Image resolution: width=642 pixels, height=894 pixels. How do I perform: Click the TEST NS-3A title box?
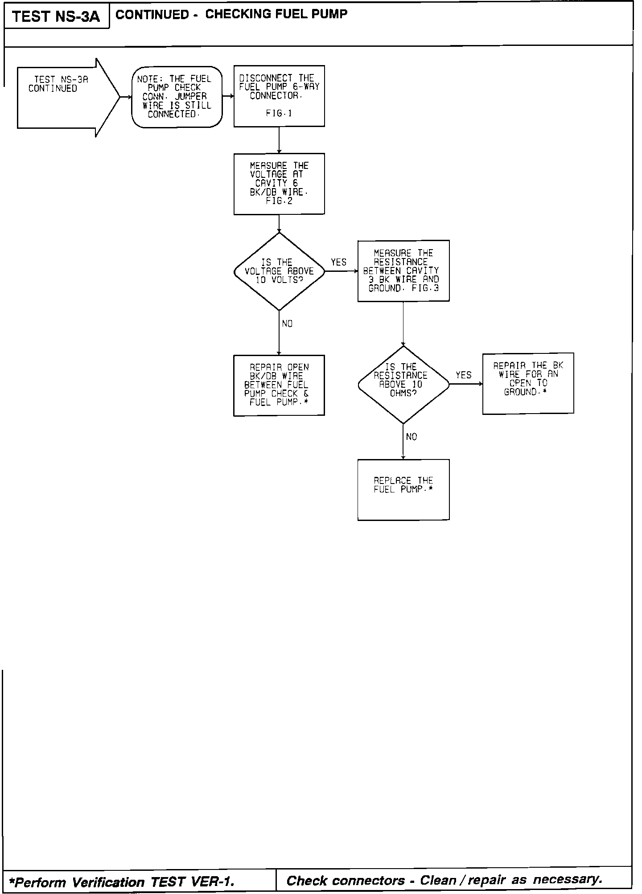click(x=56, y=16)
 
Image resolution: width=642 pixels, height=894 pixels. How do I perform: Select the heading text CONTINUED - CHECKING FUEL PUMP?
click(x=231, y=14)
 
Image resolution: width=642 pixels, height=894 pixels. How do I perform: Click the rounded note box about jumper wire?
click(x=177, y=97)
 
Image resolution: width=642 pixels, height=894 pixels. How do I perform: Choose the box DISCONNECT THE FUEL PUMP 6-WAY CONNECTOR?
click(x=279, y=96)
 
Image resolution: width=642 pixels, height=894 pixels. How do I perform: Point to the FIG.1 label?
click(x=279, y=114)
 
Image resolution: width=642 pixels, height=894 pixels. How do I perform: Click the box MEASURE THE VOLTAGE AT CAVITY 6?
click(x=279, y=184)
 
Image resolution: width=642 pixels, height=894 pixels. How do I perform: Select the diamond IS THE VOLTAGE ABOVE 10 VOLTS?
click(x=279, y=271)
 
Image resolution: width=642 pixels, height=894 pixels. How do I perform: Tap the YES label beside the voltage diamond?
click(x=339, y=262)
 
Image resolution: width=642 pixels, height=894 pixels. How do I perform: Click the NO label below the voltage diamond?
click(x=288, y=324)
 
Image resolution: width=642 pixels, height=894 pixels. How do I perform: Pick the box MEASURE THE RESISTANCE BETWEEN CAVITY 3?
click(x=403, y=271)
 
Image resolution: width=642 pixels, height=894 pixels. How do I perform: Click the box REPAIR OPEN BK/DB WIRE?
click(x=279, y=385)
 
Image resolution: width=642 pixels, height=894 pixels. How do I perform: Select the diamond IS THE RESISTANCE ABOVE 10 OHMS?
click(x=403, y=385)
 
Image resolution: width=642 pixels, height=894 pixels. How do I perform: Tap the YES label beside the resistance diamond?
click(x=464, y=375)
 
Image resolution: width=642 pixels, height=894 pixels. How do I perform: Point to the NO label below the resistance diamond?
click(x=412, y=437)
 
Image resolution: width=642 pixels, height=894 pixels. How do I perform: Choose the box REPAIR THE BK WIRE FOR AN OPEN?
click(x=528, y=383)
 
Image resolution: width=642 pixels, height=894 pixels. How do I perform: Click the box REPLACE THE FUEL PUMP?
click(x=403, y=489)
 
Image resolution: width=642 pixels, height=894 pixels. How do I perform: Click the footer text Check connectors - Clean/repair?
click(x=444, y=880)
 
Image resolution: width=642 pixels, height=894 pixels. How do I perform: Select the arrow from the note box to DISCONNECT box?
click(x=228, y=96)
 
